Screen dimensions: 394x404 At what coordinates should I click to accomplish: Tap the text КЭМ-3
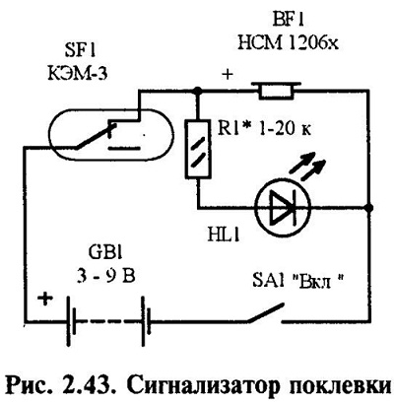click(78, 73)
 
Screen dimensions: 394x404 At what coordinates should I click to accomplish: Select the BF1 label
click(289, 21)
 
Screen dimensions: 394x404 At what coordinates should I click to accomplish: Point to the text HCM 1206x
click(288, 42)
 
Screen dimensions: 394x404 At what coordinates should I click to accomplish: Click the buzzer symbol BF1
click(276, 91)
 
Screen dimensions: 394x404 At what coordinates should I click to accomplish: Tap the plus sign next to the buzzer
click(228, 75)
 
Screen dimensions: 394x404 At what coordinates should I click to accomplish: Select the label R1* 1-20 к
click(264, 129)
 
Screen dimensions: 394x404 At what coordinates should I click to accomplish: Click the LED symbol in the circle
click(283, 208)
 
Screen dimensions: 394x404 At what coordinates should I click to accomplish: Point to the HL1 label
click(224, 236)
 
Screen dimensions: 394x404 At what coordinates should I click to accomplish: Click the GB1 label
click(105, 255)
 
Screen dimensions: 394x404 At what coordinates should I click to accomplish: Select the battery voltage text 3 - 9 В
click(106, 278)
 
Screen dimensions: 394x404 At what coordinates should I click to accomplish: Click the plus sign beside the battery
click(45, 300)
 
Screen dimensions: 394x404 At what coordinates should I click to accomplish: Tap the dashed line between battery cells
click(109, 321)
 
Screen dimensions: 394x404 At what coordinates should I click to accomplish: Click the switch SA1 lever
click(265, 312)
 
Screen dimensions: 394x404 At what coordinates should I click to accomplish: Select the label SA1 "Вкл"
click(297, 282)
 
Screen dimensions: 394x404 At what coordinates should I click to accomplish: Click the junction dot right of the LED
click(369, 208)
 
